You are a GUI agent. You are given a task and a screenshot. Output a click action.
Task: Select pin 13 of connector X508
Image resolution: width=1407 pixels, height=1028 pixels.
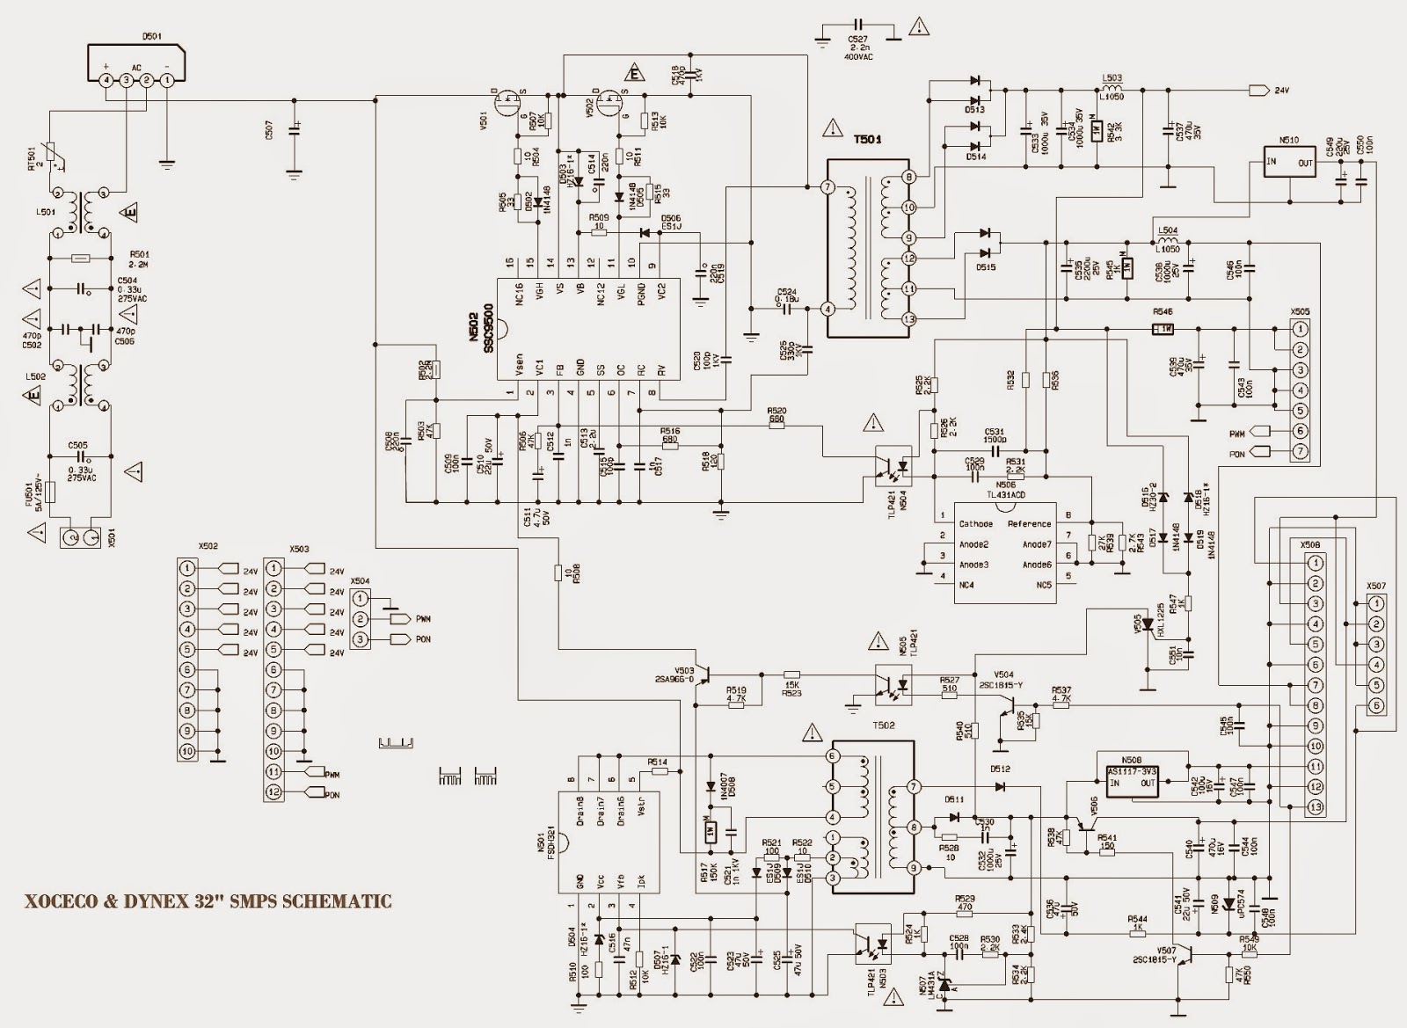[x=1314, y=806]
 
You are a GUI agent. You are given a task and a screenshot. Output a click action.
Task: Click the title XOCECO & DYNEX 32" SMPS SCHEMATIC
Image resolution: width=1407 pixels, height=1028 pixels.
[x=207, y=900]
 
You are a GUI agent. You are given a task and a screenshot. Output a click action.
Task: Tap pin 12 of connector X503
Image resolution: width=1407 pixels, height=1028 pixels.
[x=273, y=791]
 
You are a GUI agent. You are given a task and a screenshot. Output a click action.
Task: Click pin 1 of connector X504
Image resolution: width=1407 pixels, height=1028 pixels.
[x=360, y=598]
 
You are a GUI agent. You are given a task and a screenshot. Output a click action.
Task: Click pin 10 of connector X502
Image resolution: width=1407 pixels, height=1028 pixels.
[x=186, y=751]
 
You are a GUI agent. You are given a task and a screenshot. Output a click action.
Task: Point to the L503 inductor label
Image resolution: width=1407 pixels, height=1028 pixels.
[x=1112, y=78]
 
